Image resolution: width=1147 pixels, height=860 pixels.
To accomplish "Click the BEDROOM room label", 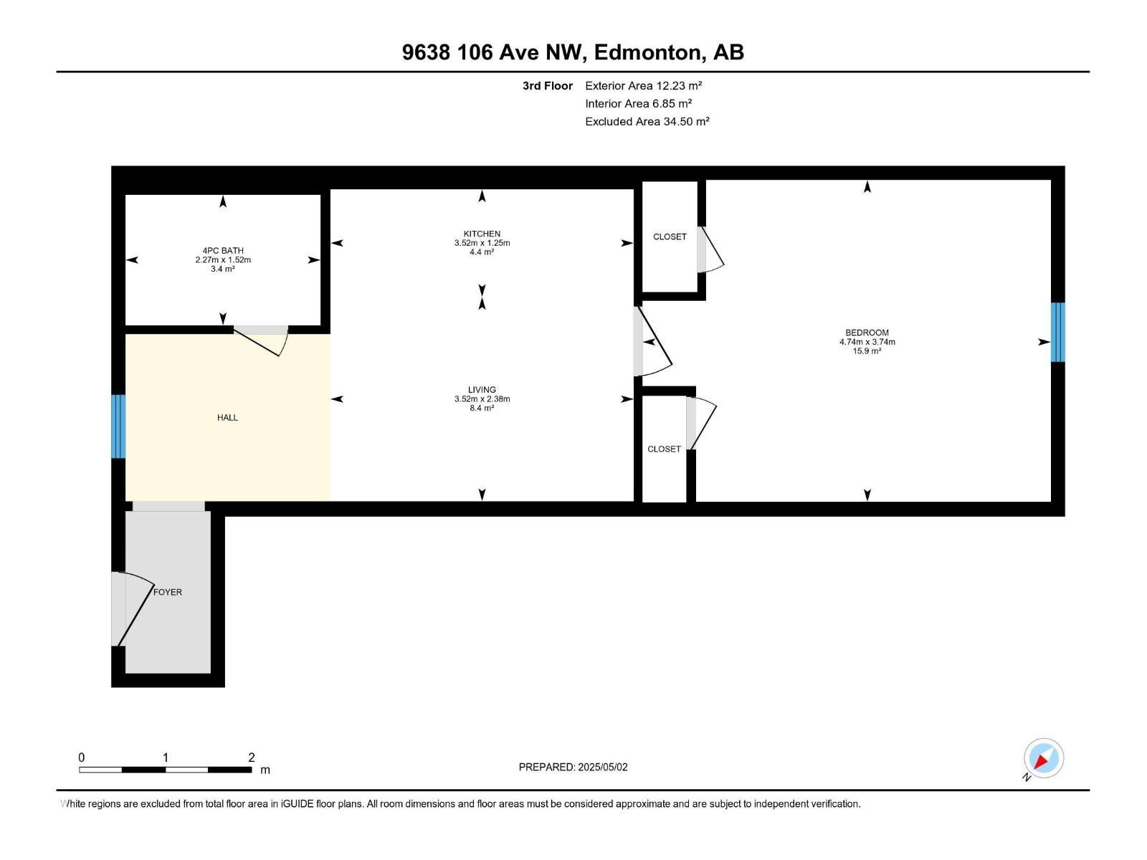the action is pos(867,333).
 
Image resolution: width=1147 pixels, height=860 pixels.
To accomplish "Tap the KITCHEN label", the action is pos(482,234).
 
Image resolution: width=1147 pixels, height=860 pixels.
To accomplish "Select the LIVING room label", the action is pos(482,390).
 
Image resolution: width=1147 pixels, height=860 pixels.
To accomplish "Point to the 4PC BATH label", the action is pos(223,251).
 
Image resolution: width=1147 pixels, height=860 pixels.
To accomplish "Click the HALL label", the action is pos(227,418).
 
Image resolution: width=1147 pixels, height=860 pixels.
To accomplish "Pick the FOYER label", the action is pos(168,592).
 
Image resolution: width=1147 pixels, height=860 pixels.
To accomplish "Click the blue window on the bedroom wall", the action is pos(1057,332).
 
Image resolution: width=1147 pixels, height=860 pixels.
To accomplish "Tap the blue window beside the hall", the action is pos(118,426).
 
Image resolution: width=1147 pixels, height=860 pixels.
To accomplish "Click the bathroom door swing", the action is pos(261,341).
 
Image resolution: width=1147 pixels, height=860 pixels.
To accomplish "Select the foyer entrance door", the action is pos(132,609).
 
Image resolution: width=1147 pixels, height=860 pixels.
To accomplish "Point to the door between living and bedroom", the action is pos(652,341).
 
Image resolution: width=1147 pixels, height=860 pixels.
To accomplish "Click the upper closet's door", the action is pos(710,249).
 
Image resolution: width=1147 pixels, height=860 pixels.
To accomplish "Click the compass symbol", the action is pos(1043,759).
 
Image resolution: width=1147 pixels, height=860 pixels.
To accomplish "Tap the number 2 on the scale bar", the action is pos(252,757).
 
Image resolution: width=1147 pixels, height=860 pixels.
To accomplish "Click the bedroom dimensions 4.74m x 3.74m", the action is pos(867,342).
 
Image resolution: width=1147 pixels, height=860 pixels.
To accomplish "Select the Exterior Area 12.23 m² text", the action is pos(643,85).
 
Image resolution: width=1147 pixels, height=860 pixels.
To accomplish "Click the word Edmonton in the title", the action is pos(647,53).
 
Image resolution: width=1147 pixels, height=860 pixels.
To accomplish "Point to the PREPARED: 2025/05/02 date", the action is pos(573,767).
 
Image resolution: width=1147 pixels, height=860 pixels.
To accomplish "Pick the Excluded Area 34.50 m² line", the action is pos(647,122).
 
